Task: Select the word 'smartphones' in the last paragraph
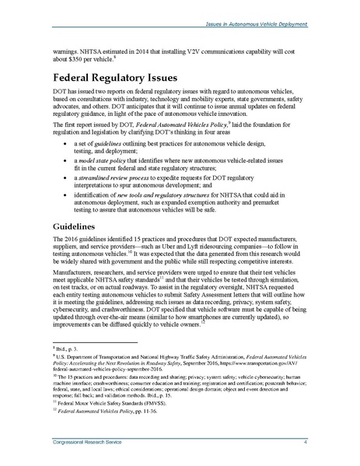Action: (203, 338)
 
